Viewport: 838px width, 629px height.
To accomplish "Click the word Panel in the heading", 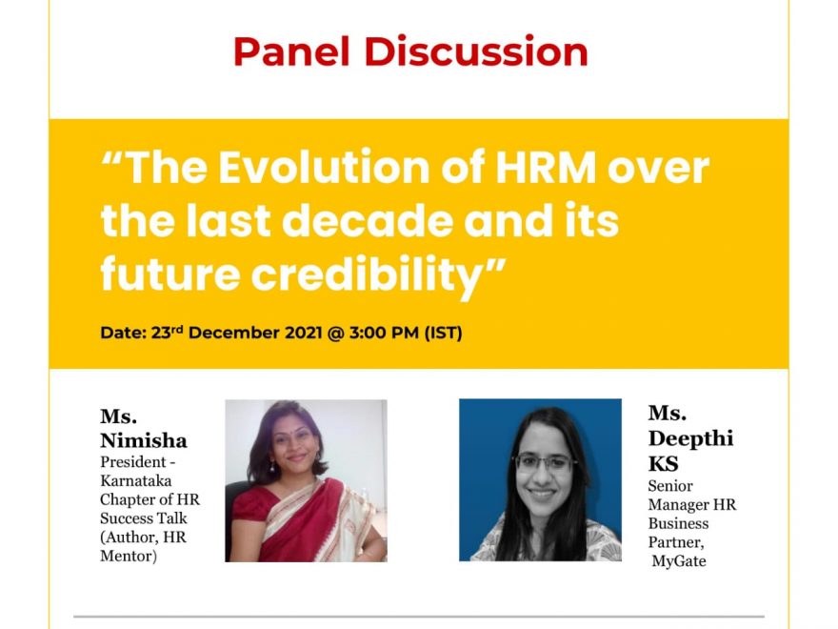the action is [x=291, y=51].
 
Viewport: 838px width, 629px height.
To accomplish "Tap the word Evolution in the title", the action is [x=324, y=168].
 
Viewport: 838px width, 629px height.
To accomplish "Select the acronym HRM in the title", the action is [x=546, y=168].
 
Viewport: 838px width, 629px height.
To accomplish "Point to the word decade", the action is [x=368, y=221].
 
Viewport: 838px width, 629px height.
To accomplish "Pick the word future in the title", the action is [x=170, y=274].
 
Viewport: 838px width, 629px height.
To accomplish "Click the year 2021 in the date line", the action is [x=303, y=333].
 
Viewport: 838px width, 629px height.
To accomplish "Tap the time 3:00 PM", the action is [x=384, y=333].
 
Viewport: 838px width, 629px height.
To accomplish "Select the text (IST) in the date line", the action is [x=443, y=333].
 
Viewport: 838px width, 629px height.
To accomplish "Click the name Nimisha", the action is [x=143, y=440].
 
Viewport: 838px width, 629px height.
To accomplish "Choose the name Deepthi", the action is [x=690, y=439].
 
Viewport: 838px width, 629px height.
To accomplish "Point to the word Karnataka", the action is [x=136, y=480].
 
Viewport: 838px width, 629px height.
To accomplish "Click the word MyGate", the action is [x=679, y=561].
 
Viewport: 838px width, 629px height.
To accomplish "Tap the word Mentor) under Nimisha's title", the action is [x=129, y=556].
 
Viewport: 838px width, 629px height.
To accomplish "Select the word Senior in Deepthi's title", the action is [x=670, y=486].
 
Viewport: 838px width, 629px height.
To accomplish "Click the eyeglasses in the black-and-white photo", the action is [x=544, y=462].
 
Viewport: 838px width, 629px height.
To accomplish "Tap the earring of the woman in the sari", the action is [x=271, y=465].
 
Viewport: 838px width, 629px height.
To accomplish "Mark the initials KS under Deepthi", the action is [x=663, y=464].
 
